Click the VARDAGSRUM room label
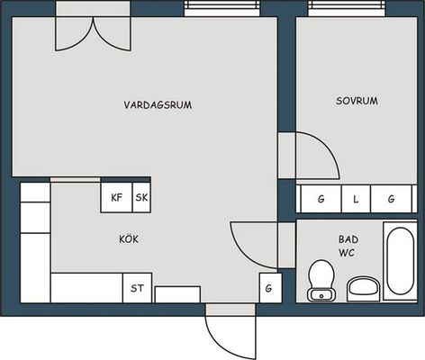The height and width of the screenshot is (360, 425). pos(158,104)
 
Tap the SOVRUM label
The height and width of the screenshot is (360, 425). pos(357,101)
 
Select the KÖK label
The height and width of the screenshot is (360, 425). pos(129,238)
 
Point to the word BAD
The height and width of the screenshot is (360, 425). pos(348,239)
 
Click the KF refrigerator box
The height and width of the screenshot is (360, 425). pos(116,197)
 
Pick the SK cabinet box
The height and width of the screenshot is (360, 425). pos(141,197)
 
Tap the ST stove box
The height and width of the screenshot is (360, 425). pos(137,288)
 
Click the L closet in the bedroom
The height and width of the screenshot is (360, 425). pos(356,199)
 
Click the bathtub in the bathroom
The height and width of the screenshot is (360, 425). pos(401,260)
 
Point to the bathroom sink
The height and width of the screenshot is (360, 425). pos(364,289)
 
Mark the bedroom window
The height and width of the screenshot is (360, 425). pos(347,8)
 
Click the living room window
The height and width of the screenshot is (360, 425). pos(222,8)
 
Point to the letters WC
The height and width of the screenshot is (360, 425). pos(347,253)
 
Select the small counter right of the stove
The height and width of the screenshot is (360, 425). pos(177,294)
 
